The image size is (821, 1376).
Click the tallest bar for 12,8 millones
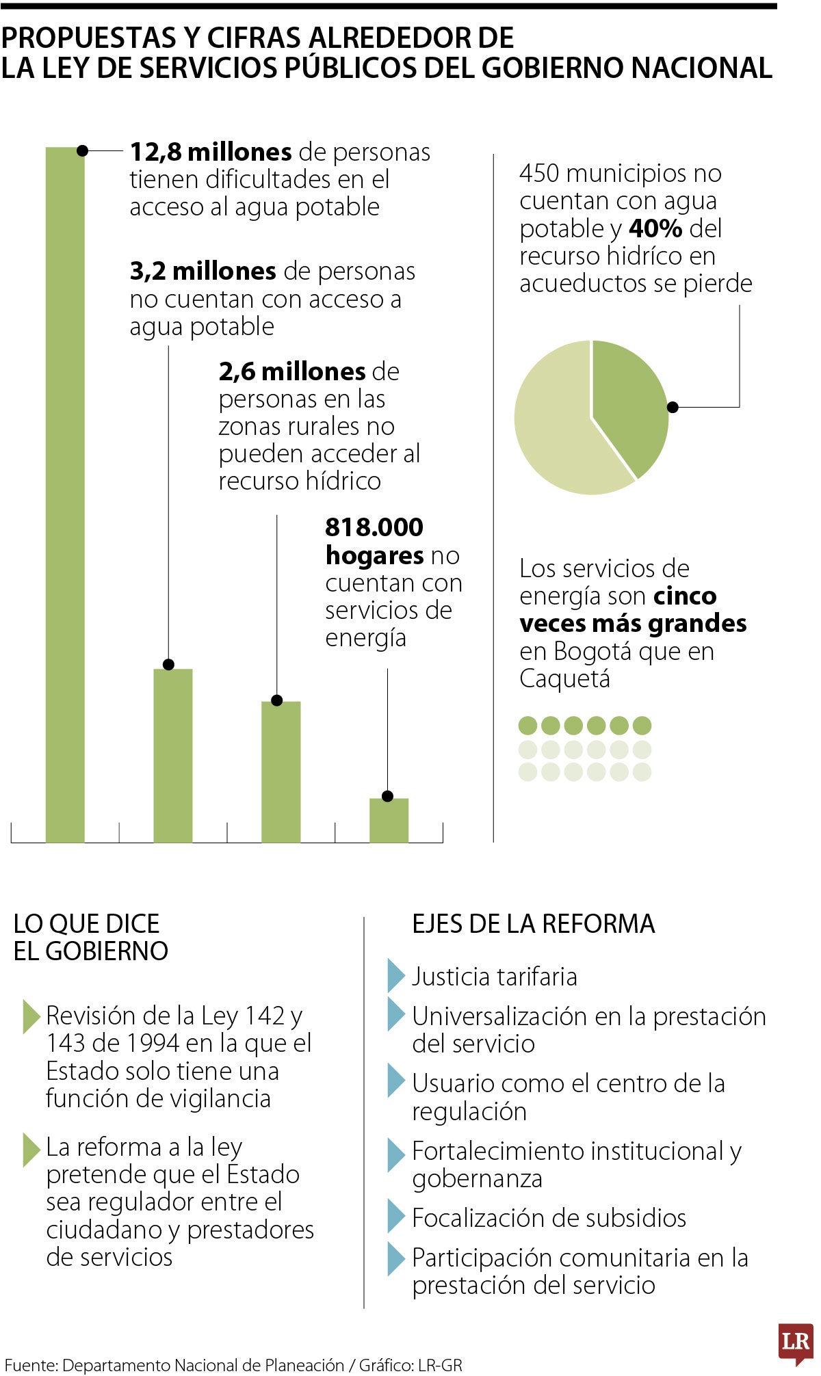(x=65, y=492)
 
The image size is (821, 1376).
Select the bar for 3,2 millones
(x=172, y=756)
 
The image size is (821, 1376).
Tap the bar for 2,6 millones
(x=281, y=773)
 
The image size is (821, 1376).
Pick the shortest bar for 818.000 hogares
(x=389, y=821)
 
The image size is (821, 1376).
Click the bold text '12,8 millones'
(x=211, y=152)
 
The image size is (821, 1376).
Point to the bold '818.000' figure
(x=374, y=527)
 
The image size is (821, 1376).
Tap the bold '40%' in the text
(x=655, y=228)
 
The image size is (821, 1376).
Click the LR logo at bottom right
(x=796, y=1342)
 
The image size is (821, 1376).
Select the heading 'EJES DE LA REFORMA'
(x=533, y=924)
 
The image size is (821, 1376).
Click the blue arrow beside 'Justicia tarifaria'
(x=395, y=975)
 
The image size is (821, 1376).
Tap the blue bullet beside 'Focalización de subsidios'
(x=395, y=1216)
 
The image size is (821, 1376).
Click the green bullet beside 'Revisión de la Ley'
(x=31, y=1016)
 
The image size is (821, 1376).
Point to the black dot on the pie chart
(x=673, y=407)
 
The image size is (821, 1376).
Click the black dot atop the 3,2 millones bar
(x=169, y=664)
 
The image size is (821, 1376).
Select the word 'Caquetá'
(x=564, y=679)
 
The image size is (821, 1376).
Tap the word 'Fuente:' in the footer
(x=31, y=1366)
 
